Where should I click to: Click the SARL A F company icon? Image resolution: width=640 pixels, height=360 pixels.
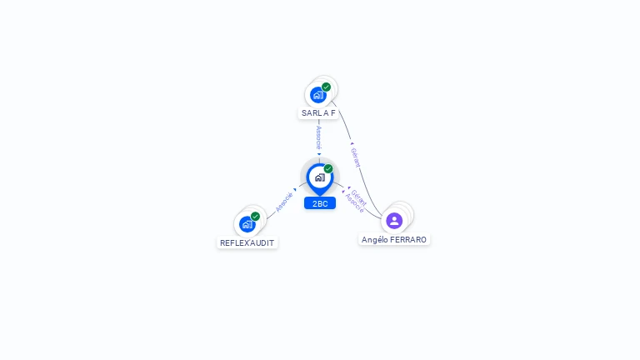tap(318, 95)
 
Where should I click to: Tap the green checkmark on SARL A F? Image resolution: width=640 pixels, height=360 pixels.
tap(326, 87)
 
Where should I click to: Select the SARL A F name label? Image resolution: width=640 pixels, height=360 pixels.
tap(318, 113)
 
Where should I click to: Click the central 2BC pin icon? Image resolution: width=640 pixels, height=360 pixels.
tap(319, 177)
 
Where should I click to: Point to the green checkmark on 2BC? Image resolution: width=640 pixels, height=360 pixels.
tap(328, 169)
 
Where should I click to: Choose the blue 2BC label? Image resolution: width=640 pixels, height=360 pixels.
tap(319, 203)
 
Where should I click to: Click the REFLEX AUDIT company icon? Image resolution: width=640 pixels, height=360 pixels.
tap(247, 224)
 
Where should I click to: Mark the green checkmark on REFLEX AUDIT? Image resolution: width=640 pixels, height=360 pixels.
tap(255, 217)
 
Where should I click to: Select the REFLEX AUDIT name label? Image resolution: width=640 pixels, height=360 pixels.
tap(247, 243)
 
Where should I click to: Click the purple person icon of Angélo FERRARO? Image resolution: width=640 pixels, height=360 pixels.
tap(394, 221)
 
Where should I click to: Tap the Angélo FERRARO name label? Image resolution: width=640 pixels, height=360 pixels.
tap(394, 240)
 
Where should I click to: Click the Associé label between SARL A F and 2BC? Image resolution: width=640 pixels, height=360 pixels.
tap(319, 137)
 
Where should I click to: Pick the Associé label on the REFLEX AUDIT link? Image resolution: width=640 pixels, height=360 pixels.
tap(284, 202)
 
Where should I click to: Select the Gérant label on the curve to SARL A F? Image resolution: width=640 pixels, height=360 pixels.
tap(355, 157)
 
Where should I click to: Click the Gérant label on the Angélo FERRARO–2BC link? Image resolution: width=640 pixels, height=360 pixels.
tap(359, 197)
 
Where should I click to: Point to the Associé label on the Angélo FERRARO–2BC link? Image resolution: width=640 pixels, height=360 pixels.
tap(354, 204)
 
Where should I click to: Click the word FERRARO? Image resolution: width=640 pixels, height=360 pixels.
tap(408, 240)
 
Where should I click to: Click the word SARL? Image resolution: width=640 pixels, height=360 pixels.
tap(311, 113)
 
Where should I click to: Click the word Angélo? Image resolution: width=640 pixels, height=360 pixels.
tap(375, 240)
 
